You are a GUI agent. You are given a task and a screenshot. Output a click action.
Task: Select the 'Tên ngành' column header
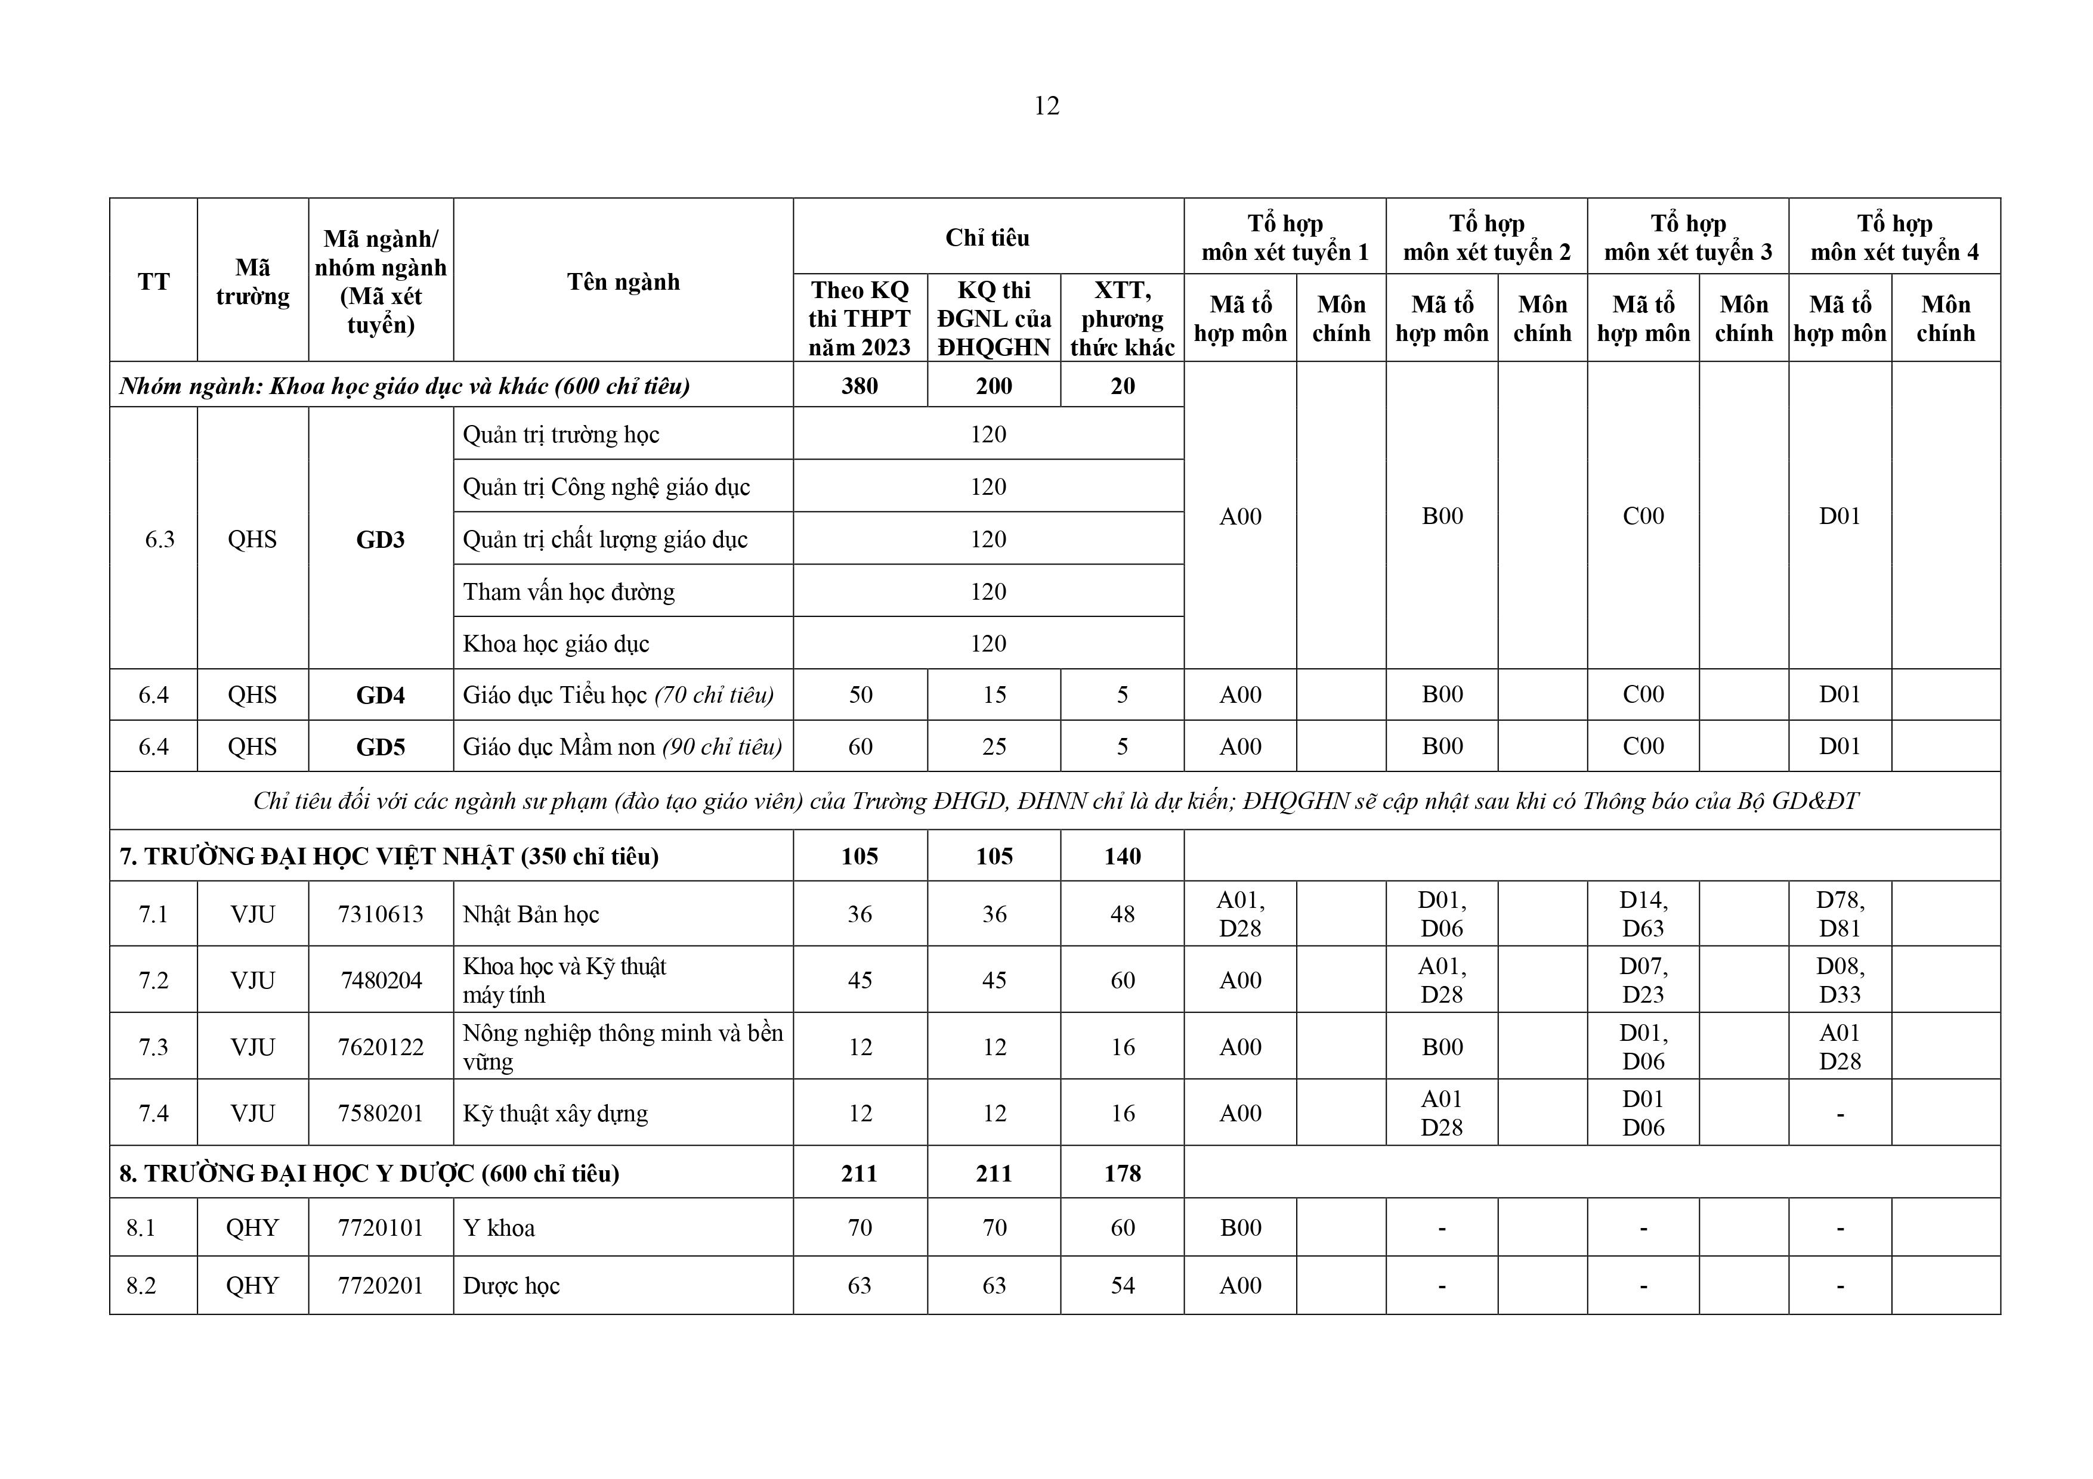[623, 281]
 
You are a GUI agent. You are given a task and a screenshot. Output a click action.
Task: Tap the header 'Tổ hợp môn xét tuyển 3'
[1687, 238]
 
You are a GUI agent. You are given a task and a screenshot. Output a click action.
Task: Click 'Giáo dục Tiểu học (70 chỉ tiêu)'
[618, 695]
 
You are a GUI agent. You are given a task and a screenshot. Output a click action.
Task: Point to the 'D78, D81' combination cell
[1840, 914]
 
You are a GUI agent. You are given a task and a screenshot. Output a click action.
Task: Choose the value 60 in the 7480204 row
[1122, 981]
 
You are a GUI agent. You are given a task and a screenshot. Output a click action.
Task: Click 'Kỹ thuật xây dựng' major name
[555, 1114]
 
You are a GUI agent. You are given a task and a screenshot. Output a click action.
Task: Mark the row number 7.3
[153, 1047]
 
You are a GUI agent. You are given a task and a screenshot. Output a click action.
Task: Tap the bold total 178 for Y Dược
[1122, 1174]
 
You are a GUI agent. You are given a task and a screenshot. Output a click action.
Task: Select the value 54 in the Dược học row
[1122, 1286]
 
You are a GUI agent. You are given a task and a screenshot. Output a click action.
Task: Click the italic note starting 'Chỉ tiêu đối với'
[1055, 801]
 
